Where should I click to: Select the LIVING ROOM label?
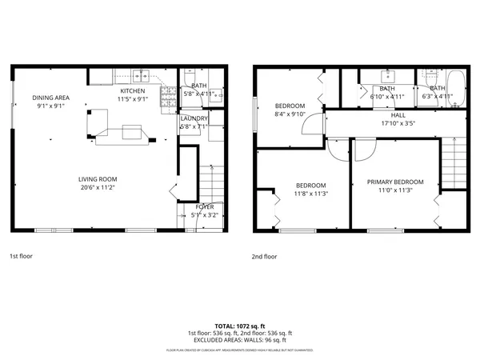click(98, 178)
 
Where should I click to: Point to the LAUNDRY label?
click(194, 118)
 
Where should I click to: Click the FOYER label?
click(205, 207)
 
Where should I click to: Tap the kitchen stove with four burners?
click(168, 97)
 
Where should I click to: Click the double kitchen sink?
click(141, 78)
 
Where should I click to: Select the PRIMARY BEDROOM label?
click(395, 182)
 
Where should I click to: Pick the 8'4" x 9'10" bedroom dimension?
click(290, 114)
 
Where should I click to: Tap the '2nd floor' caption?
click(264, 257)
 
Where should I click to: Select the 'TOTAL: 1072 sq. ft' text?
click(240, 326)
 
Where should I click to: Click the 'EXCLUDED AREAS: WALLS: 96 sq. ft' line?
click(240, 339)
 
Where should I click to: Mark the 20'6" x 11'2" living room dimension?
click(98, 187)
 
